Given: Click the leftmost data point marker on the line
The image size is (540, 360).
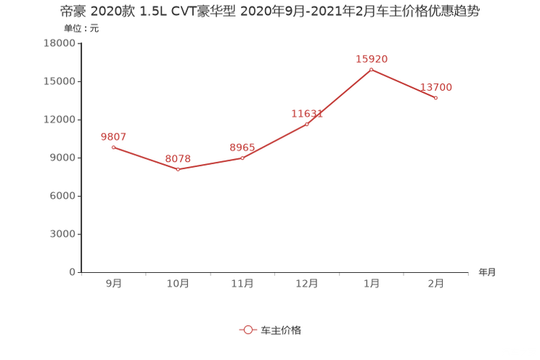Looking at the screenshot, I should [x=113, y=147].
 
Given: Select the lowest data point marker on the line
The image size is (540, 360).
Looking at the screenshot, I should [x=178, y=169].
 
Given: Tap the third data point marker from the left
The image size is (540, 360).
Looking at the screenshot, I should [x=242, y=157].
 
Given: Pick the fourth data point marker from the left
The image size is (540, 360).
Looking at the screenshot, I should [x=307, y=124].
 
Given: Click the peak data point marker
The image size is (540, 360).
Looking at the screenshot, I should [x=372, y=70].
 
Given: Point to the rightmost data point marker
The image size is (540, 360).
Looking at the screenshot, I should [x=435, y=98].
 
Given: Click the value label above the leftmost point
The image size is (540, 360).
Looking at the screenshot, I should [x=114, y=136].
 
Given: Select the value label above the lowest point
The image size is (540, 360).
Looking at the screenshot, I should [x=178, y=157].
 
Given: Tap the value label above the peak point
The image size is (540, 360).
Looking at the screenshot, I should [x=372, y=58].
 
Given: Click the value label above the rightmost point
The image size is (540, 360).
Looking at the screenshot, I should [x=436, y=86].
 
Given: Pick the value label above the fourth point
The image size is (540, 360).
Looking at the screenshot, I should [x=307, y=112].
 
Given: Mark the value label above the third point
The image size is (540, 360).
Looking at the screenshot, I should [x=242, y=146].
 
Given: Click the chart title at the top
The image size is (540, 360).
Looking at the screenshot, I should [x=269, y=12].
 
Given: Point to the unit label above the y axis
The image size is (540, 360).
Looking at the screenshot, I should [x=79, y=29].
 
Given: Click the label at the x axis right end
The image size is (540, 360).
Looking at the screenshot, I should [x=487, y=273].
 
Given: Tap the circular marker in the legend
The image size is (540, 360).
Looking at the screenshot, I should [x=248, y=330].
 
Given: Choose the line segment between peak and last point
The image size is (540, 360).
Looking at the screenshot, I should [x=404, y=83].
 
